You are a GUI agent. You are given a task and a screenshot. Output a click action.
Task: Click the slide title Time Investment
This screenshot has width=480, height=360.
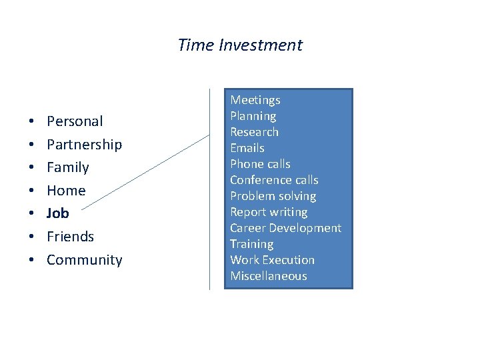pos(240,45)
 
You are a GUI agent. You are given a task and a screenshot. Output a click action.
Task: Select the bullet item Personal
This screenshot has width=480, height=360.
pos(75,121)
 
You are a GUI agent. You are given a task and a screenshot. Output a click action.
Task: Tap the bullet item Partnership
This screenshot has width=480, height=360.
pos(84,145)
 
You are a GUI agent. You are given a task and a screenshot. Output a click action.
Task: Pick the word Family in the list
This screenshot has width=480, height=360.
pos(67,167)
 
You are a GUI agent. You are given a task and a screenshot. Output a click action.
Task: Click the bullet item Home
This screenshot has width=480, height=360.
pos(66,191)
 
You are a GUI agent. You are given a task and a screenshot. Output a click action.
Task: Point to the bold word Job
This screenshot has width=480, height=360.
pos(57,213)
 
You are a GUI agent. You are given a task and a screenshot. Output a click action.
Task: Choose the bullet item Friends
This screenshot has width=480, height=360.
pos(70,237)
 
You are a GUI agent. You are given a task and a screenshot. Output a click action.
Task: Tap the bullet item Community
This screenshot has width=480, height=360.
pos(84,260)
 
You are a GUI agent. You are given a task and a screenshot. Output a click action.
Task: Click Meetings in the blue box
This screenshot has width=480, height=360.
pos(255,100)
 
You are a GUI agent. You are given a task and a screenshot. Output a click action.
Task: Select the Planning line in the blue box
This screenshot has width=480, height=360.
pos(253,116)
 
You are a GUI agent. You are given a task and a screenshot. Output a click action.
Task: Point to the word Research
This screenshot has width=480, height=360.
pos(254,132)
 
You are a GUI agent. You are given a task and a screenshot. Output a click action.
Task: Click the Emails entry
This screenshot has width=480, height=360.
pos(247,148)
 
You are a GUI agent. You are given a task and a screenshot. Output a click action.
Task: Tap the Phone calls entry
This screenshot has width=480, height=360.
pos(260,164)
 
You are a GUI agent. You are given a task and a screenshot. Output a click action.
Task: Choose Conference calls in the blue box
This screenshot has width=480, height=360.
pos(274,180)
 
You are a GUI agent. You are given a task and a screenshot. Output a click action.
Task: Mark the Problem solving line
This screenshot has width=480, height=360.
pos(273,196)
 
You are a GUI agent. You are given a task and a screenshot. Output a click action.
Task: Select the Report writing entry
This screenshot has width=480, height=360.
pos(269,212)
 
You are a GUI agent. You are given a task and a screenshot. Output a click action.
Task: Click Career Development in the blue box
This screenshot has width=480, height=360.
pos(285,228)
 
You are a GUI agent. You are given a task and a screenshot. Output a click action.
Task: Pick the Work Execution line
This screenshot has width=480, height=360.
pos(272,260)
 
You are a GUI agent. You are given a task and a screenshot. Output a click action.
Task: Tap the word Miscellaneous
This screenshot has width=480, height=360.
pos(269,276)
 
